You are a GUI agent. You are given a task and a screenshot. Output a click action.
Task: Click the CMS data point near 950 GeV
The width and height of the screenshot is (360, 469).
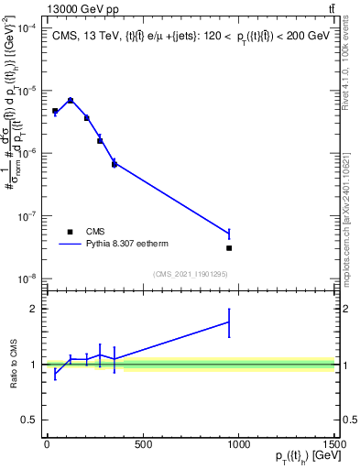(229, 248)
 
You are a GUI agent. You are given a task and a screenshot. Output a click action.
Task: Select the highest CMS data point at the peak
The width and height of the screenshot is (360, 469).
(71, 101)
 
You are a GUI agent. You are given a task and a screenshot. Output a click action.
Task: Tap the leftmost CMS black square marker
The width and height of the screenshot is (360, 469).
(55, 111)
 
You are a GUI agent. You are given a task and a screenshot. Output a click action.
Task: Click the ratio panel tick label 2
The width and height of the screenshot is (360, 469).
(34, 309)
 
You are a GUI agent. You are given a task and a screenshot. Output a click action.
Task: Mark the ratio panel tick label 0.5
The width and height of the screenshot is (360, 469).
(30, 420)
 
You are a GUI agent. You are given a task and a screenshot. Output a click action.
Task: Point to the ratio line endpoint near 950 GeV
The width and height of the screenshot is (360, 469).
(229, 322)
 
